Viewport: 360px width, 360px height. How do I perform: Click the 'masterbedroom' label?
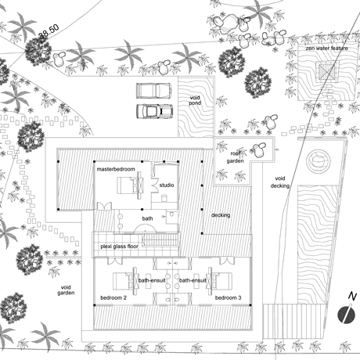click(x=116, y=169)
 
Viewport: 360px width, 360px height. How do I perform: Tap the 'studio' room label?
click(x=167, y=185)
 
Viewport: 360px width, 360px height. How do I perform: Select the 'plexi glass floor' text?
click(x=119, y=247)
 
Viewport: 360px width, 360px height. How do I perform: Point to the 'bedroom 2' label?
click(x=113, y=297)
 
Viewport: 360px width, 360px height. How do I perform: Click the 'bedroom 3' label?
click(x=228, y=297)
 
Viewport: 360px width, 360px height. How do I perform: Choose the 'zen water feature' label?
click(x=327, y=49)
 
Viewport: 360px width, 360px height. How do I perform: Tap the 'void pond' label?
click(x=195, y=100)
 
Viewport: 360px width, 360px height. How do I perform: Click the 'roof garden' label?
click(x=235, y=157)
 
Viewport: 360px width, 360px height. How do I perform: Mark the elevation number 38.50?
click(x=49, y=31)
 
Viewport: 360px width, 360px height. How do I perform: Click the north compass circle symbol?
click(x=347, y=315)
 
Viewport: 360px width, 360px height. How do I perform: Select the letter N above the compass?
click(x=352, y=297)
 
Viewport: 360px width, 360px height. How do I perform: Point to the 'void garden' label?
click(x=66, y=290)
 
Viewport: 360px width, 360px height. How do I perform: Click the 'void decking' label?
click(x=279, y=182)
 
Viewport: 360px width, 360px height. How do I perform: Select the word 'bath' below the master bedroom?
click(x=147, y=218)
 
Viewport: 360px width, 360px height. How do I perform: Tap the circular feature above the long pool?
click(x=318, y=160)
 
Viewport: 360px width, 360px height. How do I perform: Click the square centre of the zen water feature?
click(x=327, y=71)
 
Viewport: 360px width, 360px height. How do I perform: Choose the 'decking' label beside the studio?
click(x=221, y=215)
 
